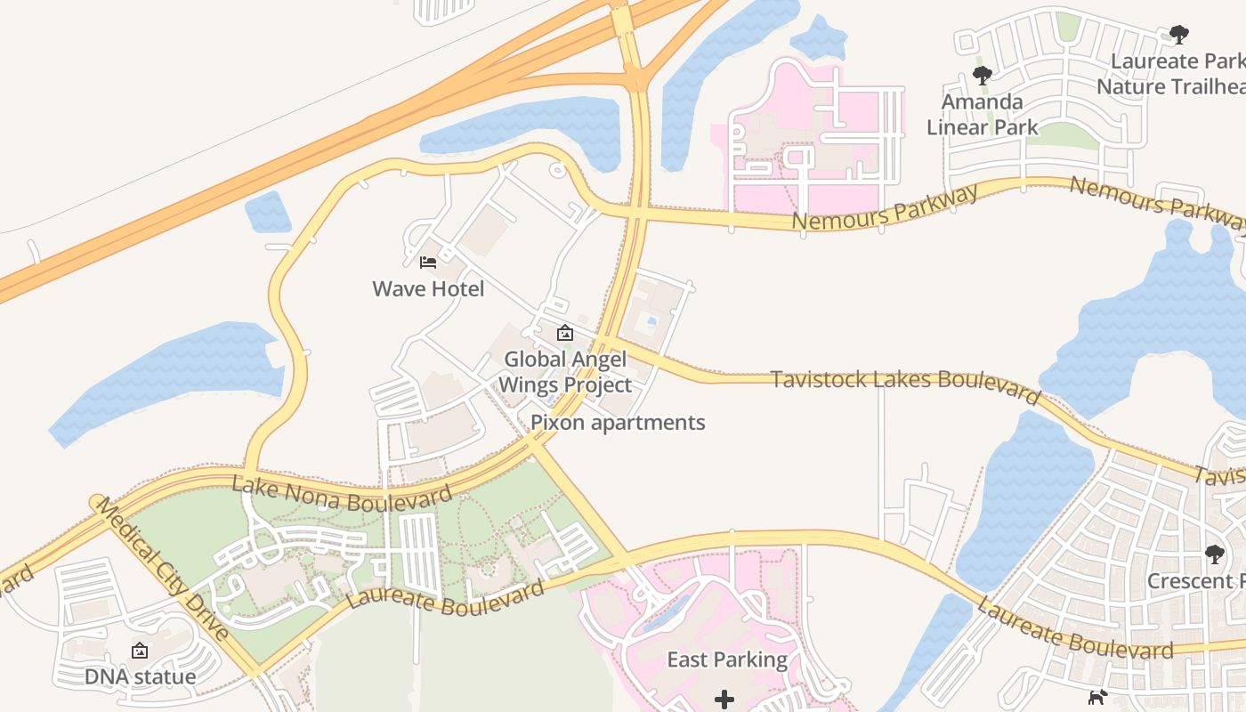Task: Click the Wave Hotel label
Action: pos(428,289)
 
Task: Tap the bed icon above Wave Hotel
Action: pos(428,263)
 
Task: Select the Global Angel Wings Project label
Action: pos(565,372)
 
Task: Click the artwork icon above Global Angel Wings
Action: pos(564,334)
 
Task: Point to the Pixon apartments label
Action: pos(618,423)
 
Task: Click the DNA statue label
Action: pos(140,677)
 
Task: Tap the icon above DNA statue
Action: pos(140,651)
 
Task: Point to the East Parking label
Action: pos(727,660)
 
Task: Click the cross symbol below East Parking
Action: pos(724,700)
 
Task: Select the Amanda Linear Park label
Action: pos(982,115)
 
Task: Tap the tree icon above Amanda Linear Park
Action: pos(982,76)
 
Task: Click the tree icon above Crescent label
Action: pos(1214,554)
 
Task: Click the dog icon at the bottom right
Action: pos(1098,697)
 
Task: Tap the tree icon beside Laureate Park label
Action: pos(1178,36)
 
